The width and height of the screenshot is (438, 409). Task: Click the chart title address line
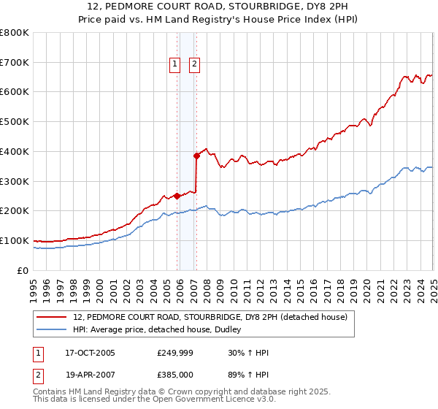[x=218, y=8]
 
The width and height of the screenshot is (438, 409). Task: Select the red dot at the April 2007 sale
[x=196, y=155]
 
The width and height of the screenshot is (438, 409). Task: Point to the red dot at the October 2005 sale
[x=177, y=196]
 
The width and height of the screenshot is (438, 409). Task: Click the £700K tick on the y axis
[x=15, y=62]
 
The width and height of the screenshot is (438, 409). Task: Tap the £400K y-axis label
[x=15, y=151]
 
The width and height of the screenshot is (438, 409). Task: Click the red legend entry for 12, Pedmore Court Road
[x=214, y=316]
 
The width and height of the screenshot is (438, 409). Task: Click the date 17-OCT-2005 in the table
[x=90, y=353]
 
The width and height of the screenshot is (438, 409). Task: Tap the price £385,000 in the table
[x=174, y=373]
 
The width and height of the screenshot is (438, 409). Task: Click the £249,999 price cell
[x=174, y=353]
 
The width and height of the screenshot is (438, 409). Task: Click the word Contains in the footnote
[x=51, y=392]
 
